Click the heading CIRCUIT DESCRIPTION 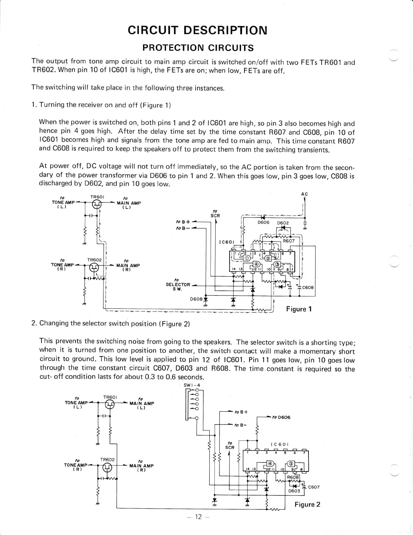[x=198, y=30]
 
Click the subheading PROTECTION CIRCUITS [x=198, y=48]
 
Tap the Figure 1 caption [x=299, y=309]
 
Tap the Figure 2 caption [x=307, y=504]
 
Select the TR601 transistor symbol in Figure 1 [x=97, y=204]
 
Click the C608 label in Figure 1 [x=308, y=288]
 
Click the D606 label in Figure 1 [x=263, y=223]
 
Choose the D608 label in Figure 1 [x=196, y=299]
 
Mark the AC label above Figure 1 [x=304, y=194]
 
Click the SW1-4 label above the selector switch [x=191, y=385]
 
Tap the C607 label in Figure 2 [x=314, y=487]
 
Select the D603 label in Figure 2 [x=294, y=491]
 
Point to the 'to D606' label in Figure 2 [x=282, y=417]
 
